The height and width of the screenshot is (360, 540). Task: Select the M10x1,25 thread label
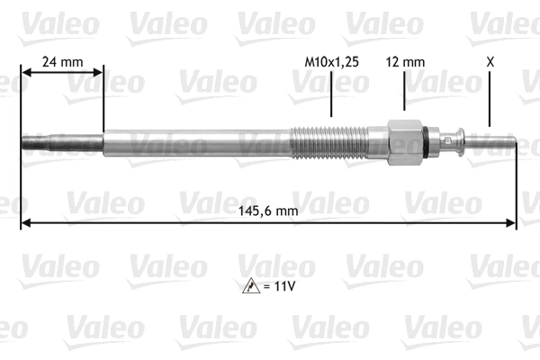tap(331, 62)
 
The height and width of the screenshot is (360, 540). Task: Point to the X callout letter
tap(490, 62)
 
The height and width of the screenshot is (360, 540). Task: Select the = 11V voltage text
tap(280, 286)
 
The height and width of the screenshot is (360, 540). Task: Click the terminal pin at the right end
tap(490, 141)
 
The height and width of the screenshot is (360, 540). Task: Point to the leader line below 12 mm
tap(404, 90)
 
